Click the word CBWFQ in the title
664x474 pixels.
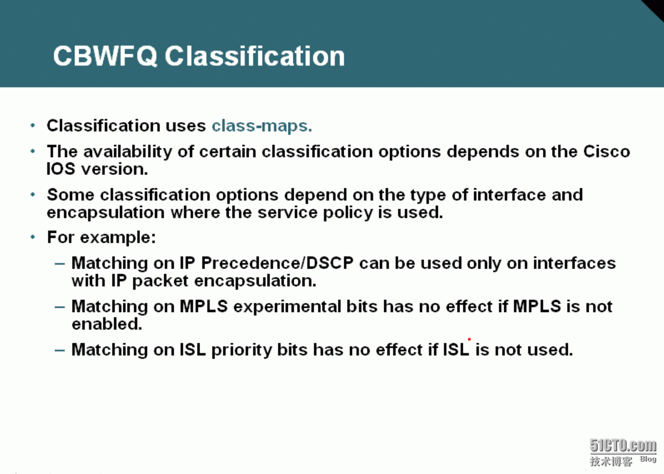(105, 56)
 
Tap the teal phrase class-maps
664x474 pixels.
(262, 126)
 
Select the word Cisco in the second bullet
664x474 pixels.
(606, 152)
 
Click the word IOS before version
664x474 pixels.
(61, 169)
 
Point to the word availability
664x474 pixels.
(128, 152)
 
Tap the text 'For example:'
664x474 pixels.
(101, 237)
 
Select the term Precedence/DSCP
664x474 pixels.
(278, 263)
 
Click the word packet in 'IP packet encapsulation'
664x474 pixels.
(160, 281)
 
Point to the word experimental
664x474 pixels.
(287, 307)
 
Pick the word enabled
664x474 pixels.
(107, 324)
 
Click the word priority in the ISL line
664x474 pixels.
(241, 350)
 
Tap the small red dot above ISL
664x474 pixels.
(469, 339)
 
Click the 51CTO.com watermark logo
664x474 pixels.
(623, 445)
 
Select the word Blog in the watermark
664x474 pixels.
(648, 459)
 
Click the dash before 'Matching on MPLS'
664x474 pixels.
(60, 307)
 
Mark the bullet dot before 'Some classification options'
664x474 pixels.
(33, 195)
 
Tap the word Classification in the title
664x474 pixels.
(255, 56)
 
